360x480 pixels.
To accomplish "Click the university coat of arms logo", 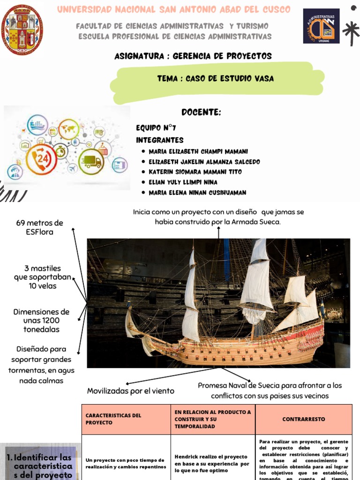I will click(22, 30).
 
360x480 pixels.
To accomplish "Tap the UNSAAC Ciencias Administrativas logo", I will click(321, 26).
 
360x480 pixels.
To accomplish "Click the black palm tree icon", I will click(351, 30).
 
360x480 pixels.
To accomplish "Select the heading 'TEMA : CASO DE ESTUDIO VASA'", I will click(216, 79).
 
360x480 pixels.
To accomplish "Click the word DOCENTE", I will click(201, 112).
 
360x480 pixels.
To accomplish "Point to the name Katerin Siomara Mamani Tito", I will click(195, 172).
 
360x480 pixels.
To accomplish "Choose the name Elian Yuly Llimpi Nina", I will click(183, 182).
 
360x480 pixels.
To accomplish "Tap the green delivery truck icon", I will click(91, 162).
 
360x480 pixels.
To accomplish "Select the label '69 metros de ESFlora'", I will click(40, 227).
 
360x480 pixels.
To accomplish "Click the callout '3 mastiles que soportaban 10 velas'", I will click(43, 277).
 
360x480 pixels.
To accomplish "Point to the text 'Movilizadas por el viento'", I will click(131, 391).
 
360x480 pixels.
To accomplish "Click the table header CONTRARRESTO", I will click(303, 419).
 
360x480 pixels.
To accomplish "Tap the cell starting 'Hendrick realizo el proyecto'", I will click(212, 463).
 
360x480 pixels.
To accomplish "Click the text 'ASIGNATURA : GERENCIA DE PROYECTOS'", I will click(193, 56).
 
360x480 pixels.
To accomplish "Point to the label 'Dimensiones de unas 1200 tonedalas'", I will click(41, 321).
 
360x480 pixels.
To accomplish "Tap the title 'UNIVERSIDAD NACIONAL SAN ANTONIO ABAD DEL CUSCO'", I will click(173, 9).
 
